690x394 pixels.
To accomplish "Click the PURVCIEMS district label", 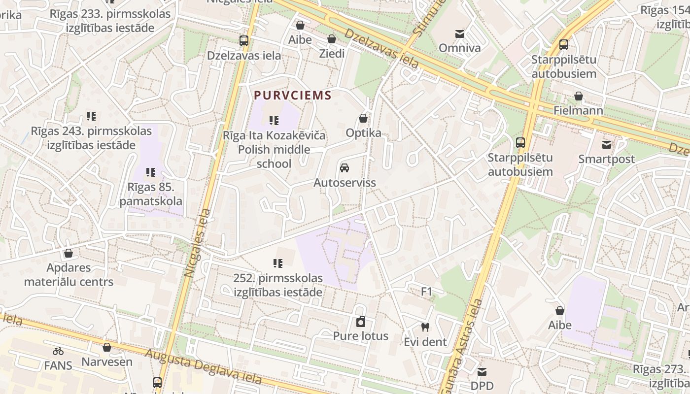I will (x=292, y=95).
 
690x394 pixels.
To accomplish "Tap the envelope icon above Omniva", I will (x=459, y=33).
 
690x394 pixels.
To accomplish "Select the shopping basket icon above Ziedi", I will (x=332, y=39).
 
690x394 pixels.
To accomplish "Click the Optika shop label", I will (x=363, y=133).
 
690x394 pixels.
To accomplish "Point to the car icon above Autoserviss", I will (x=345, y=168).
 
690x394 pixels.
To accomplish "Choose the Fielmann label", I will (x=578, y=110).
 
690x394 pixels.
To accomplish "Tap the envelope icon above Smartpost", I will (x=606, y=145).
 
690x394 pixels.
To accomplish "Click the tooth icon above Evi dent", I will (x=425, y=327).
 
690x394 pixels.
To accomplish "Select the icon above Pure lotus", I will (x=361, y=322).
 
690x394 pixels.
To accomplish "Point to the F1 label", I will (x=426, y=292).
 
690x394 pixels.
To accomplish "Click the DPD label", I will (x=482, y=386).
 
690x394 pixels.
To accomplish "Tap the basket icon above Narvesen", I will (x=107, y=347).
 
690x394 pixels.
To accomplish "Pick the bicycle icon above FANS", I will (x=58, y=351).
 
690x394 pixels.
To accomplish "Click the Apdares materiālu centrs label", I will (x=69, y=275).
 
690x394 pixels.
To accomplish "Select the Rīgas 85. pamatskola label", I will (x=151, y=194).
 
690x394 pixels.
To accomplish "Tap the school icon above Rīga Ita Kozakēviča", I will (x=274, y=121).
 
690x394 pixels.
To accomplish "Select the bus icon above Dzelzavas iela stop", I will (x=244, y=41).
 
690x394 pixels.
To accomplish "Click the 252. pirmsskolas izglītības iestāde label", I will (x=278, y=285).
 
